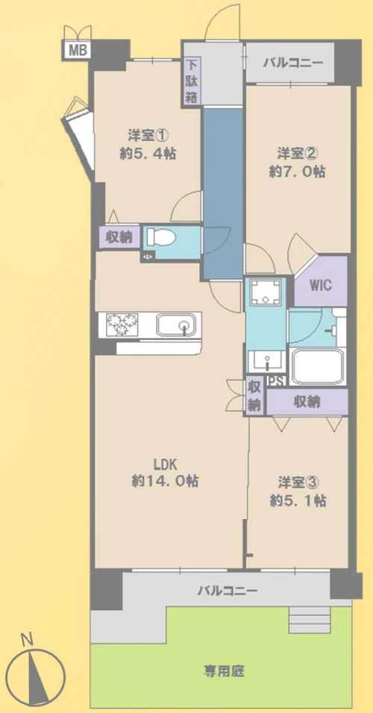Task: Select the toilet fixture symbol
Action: [161, 238]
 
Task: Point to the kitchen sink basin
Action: [177, 326]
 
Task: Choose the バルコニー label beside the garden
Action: [227, 591]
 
